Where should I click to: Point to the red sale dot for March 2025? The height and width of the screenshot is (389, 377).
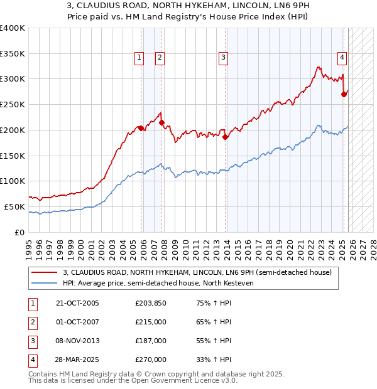pyautogui.click(x=344, y=95)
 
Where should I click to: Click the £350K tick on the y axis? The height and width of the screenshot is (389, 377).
pyautogui.click(x=13, y=54)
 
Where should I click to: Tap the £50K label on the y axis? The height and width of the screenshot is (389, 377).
pyautogui.click(x=14, y=206)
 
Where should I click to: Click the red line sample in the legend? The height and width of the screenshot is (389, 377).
pyautogui.click(x=44, y=272)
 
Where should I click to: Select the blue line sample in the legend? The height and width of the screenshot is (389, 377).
pyautogui.click(x=44, y=283)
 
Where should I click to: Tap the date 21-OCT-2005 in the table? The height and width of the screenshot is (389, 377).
pyautogui.click(x=77, y=304)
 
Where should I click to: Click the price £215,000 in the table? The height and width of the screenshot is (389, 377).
pyautogui.click(x=151, y=322)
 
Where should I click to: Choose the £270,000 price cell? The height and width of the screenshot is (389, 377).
pyautogui.click(x=151, y=360)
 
